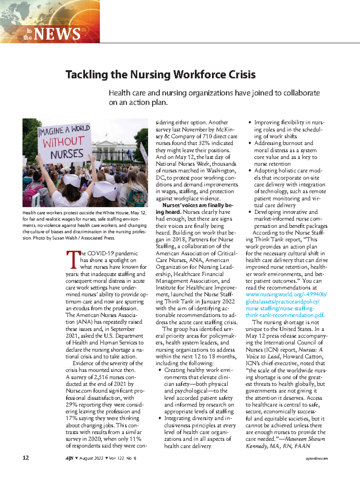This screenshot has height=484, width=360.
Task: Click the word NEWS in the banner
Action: click(57, 34)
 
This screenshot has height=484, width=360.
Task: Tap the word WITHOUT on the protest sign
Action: click(64, 142)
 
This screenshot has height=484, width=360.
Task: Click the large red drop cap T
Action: click(72, 260)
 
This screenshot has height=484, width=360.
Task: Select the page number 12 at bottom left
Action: click(26, 458)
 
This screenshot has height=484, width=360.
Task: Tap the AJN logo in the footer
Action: click(69, 458)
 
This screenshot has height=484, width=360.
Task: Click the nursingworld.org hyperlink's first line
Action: click(286, 294)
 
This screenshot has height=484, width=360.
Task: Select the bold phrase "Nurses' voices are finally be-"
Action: click(198, 205)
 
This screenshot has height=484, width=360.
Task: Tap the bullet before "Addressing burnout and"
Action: click(250, 143)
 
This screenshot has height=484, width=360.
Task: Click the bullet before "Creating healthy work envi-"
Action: click(160, 370)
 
